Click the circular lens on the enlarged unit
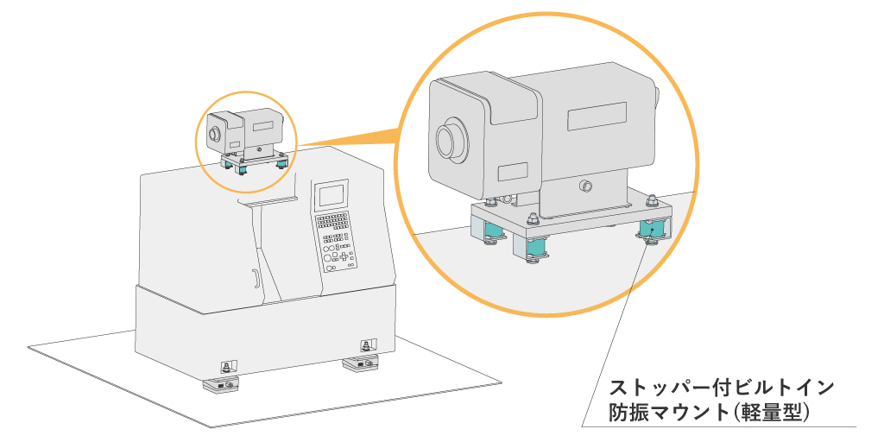451,140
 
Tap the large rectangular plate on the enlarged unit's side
597,116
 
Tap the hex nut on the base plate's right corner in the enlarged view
652,203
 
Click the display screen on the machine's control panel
332,195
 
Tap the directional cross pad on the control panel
344,256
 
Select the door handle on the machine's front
255,279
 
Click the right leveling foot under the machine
362,364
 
